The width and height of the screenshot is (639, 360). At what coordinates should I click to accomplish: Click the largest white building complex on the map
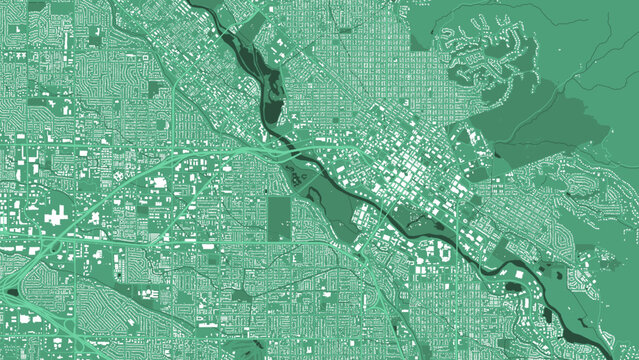56,214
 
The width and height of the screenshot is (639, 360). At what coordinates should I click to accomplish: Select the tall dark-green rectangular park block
279,218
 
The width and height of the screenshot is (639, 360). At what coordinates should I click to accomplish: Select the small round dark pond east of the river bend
513,287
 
